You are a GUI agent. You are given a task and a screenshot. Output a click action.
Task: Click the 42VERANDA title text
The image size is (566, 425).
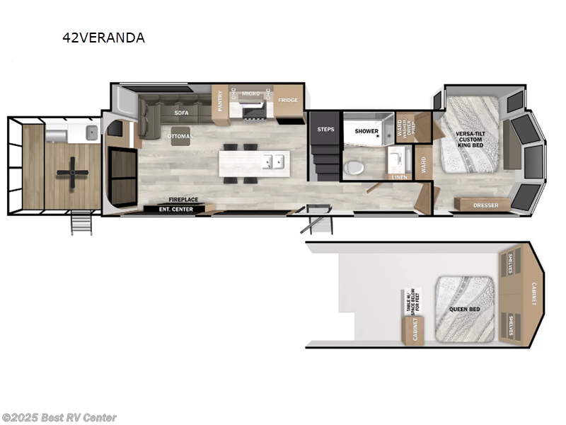click(103, 38)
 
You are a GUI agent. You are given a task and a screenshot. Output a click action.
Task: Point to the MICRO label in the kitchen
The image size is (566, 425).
click(250, 93)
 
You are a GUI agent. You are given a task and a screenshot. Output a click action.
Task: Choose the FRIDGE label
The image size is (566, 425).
click(287, 100)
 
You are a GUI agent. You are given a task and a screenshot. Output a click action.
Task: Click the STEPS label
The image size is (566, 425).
click(325, 130)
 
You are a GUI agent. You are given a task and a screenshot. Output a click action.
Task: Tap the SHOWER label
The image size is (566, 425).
click(366, 131)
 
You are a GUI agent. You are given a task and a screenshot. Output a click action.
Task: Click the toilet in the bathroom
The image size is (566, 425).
click(353, 167)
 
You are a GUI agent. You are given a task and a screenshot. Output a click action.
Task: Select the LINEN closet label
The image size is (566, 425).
click(398, 176)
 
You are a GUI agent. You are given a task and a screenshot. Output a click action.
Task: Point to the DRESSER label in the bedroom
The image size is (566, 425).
click(486, 205)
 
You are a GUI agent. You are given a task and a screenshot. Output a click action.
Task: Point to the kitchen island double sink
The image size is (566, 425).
click(272, 161)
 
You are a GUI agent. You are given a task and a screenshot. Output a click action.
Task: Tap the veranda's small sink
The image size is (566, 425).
click(89, 132)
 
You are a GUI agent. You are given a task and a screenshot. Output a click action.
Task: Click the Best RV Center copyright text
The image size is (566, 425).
click(59, 418)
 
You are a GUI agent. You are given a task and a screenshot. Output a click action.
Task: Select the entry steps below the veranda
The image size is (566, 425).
click(81, 223)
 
